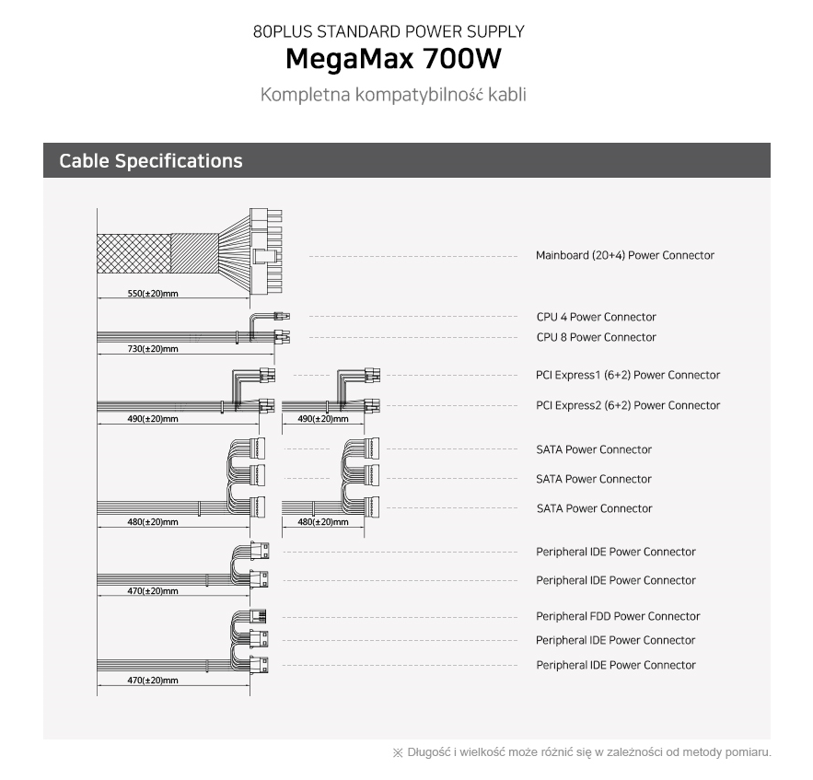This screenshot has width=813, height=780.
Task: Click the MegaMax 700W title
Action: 393,59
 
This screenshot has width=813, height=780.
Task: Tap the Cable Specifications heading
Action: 151,161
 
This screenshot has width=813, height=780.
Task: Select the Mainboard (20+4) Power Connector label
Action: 625,255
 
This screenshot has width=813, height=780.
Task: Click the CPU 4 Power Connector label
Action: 597,317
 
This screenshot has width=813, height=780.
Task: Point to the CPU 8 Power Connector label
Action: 597,337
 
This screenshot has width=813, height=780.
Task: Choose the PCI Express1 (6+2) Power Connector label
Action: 628,375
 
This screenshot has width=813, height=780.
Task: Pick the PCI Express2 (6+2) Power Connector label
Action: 628,405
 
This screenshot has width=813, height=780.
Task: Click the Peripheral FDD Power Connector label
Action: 618,616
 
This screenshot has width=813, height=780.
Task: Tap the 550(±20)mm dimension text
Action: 153,294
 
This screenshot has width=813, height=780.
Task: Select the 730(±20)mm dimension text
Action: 153,349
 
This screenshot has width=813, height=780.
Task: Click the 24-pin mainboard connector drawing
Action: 266,251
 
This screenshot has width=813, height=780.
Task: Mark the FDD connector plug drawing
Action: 258,616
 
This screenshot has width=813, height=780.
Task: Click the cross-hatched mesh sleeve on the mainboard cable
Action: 134,253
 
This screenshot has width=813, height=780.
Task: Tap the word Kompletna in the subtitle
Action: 306,95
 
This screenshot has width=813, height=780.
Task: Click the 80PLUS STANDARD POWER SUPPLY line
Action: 389,31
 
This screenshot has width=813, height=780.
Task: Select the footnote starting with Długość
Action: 582,752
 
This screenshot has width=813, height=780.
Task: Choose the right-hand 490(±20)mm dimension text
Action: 323,419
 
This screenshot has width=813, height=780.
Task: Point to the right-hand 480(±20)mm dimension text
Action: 323,522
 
